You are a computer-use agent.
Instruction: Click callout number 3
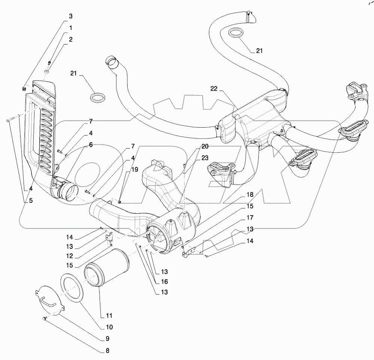(70, 16)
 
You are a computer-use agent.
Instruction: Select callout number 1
(70, 28)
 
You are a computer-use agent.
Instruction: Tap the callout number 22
(214, 88)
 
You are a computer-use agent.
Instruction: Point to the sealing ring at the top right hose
(235, 33)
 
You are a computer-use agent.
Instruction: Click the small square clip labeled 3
(24, 89)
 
